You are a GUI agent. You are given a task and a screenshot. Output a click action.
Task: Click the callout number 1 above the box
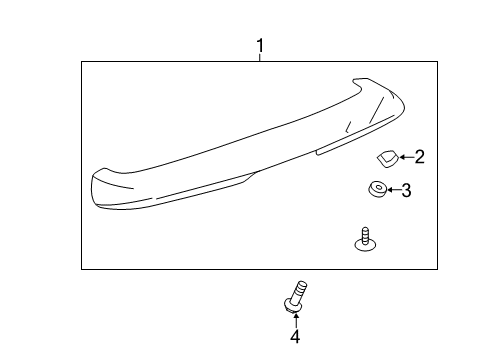pyautogui.click(x=260, y=46)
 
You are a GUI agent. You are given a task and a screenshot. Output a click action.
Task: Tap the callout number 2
pyautogui.click(x=420, y=156)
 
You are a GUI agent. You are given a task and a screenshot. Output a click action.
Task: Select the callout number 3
pyautogui.click(x=406, y=190)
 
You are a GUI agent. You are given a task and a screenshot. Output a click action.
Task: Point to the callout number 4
pyautogui.click(x=295, y=337)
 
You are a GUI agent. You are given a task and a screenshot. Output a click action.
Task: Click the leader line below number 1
pyautogui.click(x=260, y=58)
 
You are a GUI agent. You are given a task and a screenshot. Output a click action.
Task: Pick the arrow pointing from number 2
pyautogui.click(x=404, y=156)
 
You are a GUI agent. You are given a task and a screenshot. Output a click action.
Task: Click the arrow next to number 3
pyautogui.click(x=391, y=190)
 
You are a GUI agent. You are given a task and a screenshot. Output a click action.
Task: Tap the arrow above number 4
pyautogui.click(x=295, y=320)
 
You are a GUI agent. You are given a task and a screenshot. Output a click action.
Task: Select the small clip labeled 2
pyautogui.click(x=386, y=156)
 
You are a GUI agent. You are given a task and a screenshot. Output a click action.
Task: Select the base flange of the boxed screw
pyautogui.click(x=366, y=246)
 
